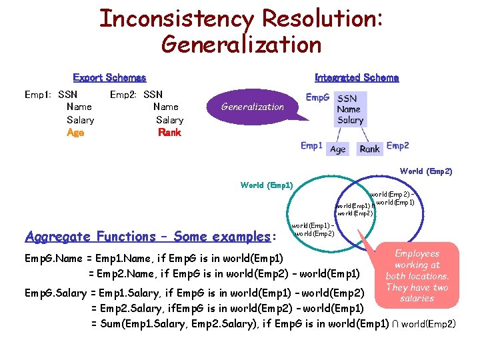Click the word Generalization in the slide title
coord(241,45)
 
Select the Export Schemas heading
coord(109,78)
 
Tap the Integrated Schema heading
coord(357,78)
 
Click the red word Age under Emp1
coord(75,132)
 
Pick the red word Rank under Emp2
coord(169,132)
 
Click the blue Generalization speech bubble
coord(253,107)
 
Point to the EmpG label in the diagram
coord(317,97)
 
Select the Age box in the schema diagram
coord(338,149)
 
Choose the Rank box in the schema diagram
coord(369,149)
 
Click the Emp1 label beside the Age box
coord(311,145)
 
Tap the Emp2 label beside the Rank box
coord(397,145)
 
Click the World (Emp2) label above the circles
coord(425,171)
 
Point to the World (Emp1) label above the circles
coord(266,185)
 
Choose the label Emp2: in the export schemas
coord(124,95)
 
